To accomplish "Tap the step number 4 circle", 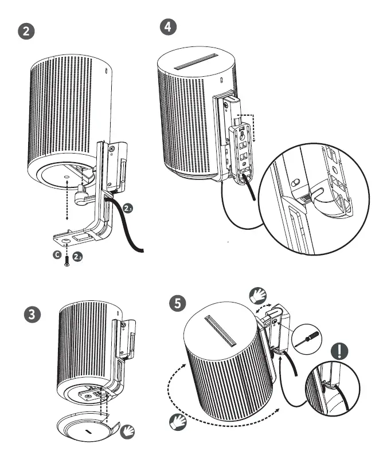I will pyautogui.click(x=167, y=26).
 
